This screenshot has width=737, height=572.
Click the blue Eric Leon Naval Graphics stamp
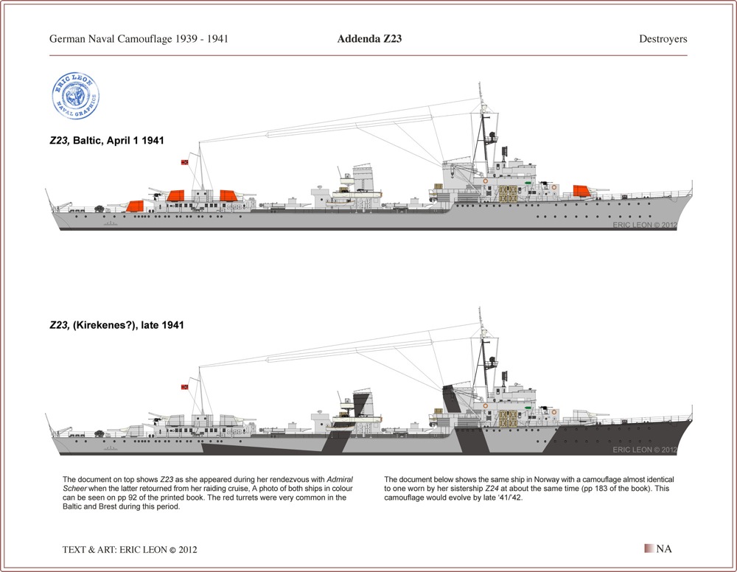(x=75, y=96)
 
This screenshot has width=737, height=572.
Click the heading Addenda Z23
(x=369, y=38)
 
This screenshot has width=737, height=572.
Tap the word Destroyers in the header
(x=663, y=39)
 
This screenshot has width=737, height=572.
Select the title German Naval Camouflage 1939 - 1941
(x=139, y=38)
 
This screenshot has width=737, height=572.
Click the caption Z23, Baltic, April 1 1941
(x=107, y=140)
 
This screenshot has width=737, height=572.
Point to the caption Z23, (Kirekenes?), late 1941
(x=116, y=325)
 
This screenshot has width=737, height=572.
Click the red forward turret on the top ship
(x=581, y=191)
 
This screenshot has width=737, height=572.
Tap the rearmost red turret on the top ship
(x=134, y=206)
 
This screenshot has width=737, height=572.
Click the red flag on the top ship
(x=185, y=162)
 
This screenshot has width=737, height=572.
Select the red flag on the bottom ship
(x=185, y=387)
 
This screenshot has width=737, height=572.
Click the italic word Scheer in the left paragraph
(x=74, y=489)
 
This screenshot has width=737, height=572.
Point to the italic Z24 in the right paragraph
(x=492, y=489)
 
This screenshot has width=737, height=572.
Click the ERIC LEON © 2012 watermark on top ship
(x=645, y=225)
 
